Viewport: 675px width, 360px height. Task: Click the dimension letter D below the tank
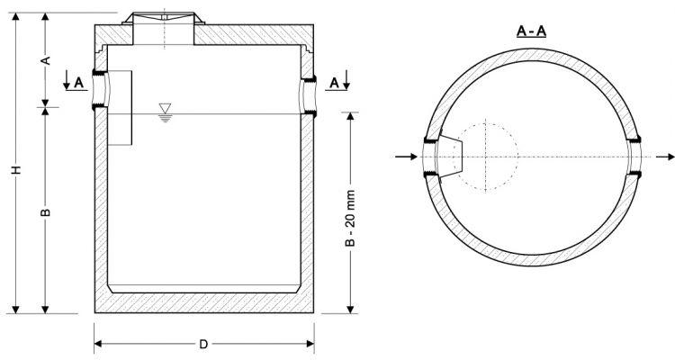click(204, 344)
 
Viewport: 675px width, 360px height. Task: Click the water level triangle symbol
click(164, 109)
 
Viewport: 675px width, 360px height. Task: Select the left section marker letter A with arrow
click(77, 83)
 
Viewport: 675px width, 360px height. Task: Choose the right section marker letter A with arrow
click(336, 83)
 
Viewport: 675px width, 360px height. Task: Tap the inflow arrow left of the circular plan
click(406, 157)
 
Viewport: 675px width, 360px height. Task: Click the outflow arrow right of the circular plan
click(661, 157)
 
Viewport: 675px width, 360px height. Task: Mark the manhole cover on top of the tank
click(164, 20)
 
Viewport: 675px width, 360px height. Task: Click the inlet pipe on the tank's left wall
click(100, 91)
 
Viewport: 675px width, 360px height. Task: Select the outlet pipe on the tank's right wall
click(309, 93)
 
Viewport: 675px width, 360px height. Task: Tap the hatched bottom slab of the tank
click(204, 302)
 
